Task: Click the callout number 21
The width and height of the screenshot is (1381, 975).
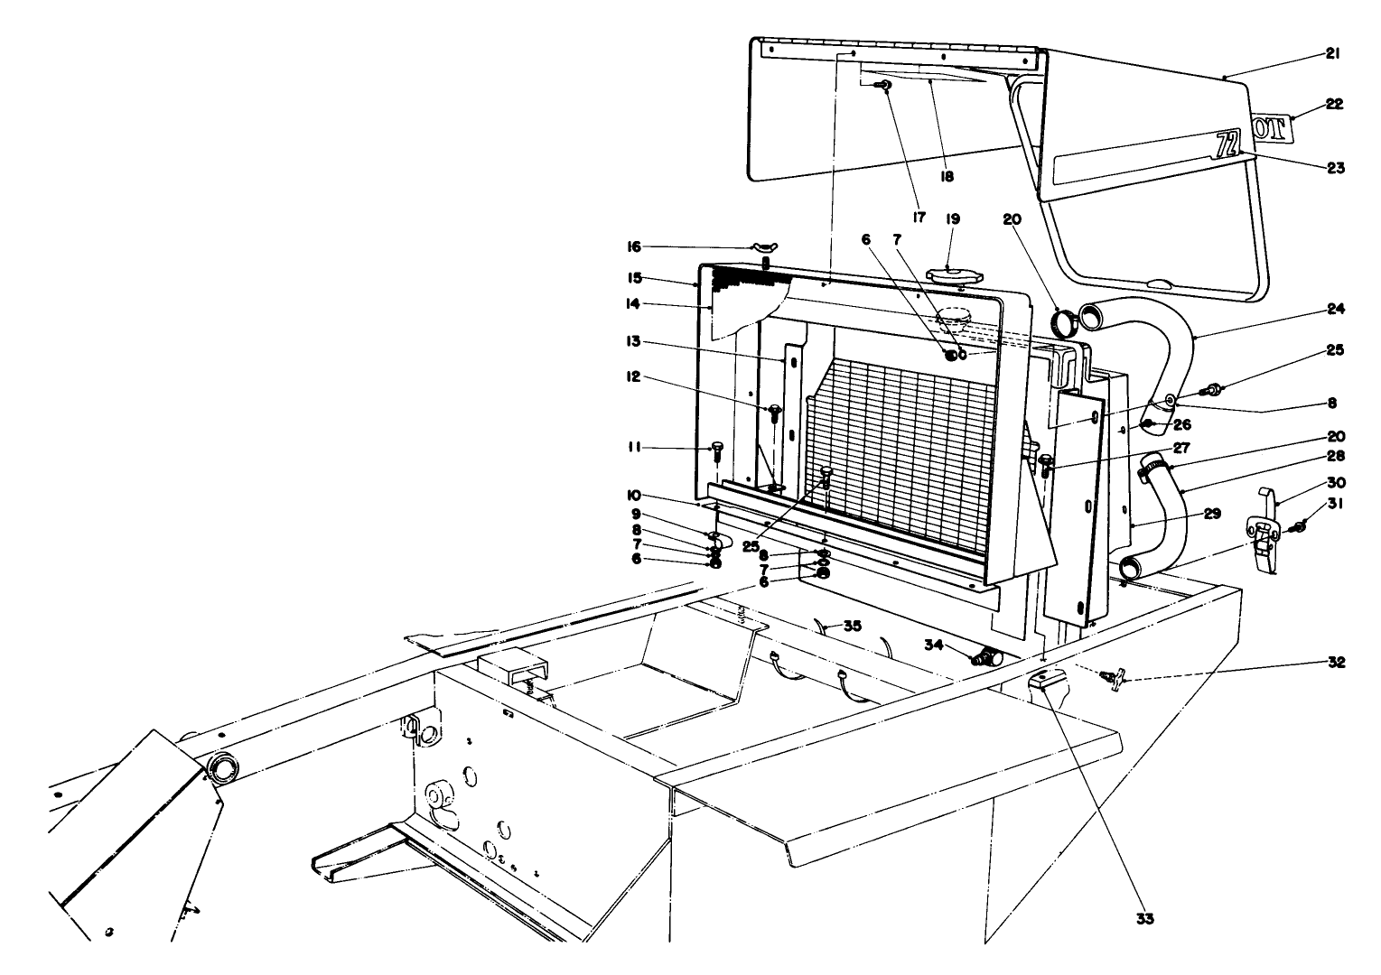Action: click(x=1332, y=54)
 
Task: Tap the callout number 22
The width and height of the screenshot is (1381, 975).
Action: click(x=1335, y=105)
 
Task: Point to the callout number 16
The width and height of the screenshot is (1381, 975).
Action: click(x=634, y=246)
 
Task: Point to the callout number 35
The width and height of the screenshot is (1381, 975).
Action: click(x=853, y=625)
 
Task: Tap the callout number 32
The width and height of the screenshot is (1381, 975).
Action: click(x=1337, y=663)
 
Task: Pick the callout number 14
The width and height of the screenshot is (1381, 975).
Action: click(x=634, y=304)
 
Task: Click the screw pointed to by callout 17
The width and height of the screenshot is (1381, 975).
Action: click(x=883, y=86)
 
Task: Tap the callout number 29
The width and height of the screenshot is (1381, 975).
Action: click(x=1212, y=514)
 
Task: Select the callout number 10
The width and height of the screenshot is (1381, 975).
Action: click(x=634, y=495)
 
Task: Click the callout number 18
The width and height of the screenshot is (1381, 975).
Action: click(x=947, y=177)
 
